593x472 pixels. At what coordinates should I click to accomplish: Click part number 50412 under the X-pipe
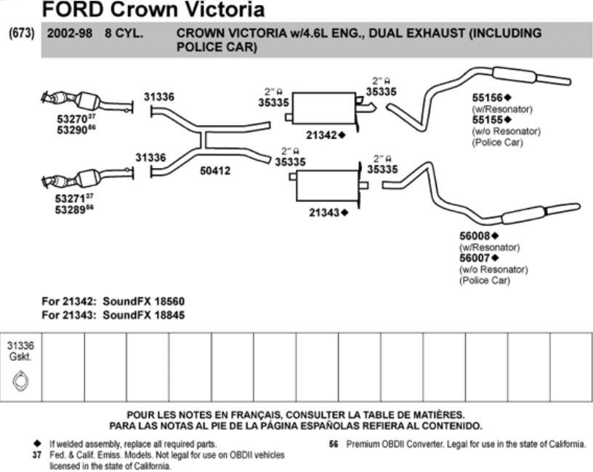(215, 171)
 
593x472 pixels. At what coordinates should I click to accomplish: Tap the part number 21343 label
(325, 212)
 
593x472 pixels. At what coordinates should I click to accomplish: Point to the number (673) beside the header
(21, 33)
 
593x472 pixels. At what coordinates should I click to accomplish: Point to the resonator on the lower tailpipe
(523, 216)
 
